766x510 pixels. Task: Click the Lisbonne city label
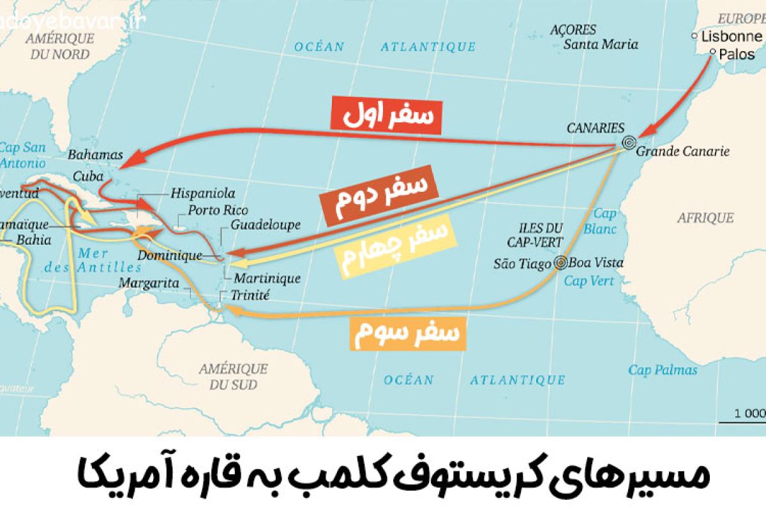[x=733, y=36]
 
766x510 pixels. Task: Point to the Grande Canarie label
[x=682, y=152]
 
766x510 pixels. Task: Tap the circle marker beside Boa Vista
[x=560, y=263]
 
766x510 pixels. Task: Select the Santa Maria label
[x=601, y=45]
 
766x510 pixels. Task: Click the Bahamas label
[x=95, y=155]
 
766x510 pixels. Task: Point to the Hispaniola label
[x=202, y=193]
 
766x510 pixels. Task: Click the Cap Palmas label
[x=663, y=370]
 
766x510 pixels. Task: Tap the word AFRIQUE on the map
[x=705, y=218]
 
